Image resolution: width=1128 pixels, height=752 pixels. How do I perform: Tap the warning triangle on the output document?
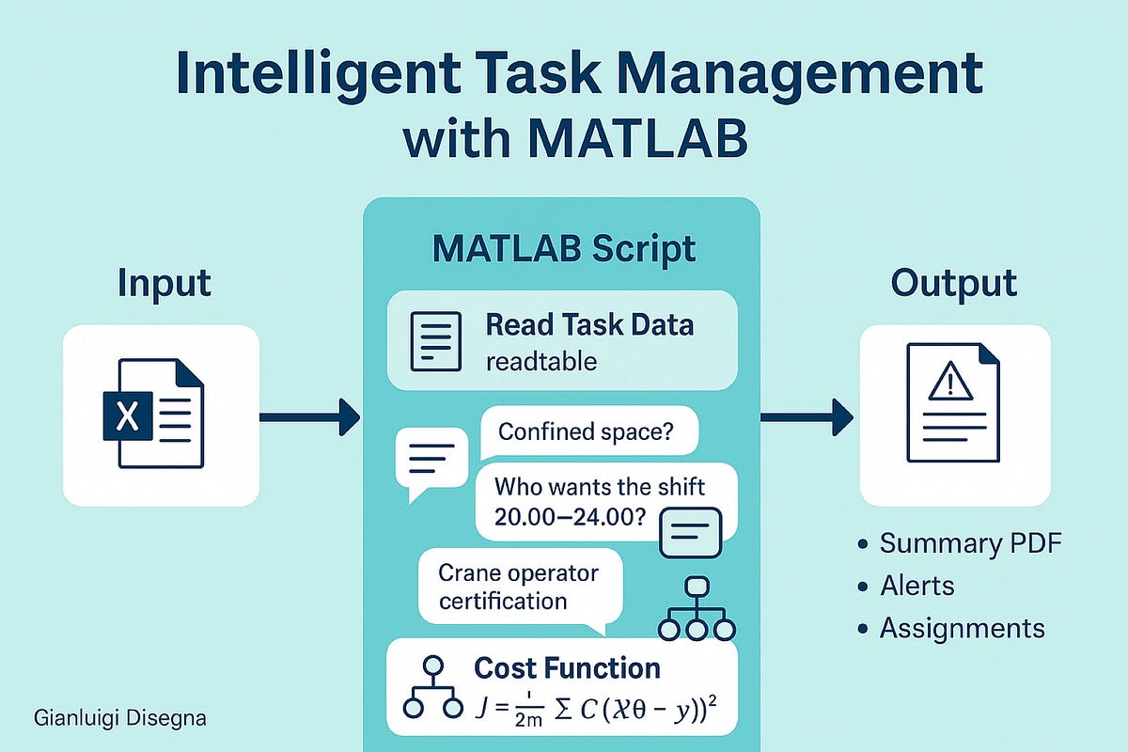point(948,382)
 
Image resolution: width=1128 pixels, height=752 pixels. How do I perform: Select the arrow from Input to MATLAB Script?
point(309,416)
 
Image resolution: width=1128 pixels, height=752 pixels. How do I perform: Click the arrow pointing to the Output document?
point(806,416)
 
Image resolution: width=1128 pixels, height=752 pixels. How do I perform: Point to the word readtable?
point(540,362)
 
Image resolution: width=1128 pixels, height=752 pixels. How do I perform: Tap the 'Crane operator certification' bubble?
point(520,586)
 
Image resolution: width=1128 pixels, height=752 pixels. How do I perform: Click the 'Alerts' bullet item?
point(916,586)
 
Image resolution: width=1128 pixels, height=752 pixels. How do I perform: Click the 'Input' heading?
point(164,284)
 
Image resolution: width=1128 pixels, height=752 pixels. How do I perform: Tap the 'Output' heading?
point(953,284)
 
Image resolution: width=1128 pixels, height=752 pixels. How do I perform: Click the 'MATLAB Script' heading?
point(564,249)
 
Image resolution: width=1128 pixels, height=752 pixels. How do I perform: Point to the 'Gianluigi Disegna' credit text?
point(119,718)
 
